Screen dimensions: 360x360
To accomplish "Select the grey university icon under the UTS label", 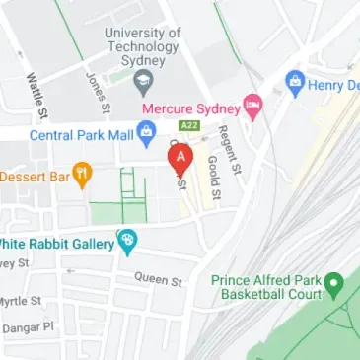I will [x=145, y=80].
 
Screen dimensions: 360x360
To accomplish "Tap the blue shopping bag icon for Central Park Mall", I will [x=145, y=130].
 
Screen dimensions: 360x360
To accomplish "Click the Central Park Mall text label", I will [x=81, y=135].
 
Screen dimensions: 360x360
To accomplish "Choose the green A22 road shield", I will [x=188, y=126].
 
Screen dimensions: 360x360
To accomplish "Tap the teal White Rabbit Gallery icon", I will [x=126, y=241].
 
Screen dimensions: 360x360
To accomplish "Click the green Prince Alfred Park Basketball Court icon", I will [x=333, y=287].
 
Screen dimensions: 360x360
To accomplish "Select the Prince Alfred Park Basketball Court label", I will [x=266, y=287].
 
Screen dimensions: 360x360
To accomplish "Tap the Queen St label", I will [x=159, y=280].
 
